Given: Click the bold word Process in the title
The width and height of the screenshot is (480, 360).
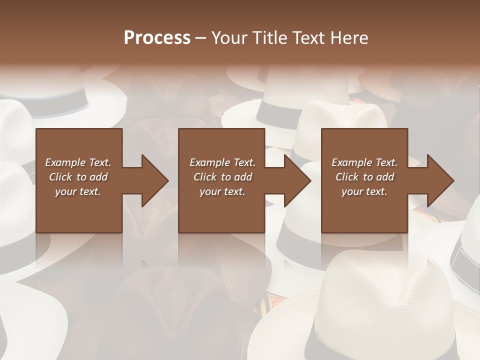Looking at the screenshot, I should click(157, 37).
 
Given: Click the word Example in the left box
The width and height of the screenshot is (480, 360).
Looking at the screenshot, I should click(65, 162).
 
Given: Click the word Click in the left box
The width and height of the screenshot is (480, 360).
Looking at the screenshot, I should click(61, 177).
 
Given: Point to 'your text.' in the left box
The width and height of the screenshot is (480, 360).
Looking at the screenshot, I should click(78, 191).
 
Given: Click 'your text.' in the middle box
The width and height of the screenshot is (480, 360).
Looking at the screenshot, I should click(222, 191).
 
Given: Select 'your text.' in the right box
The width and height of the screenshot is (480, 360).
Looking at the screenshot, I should click(364, 191).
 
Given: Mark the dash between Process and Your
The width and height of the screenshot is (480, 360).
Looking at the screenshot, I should click(201, 38).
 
